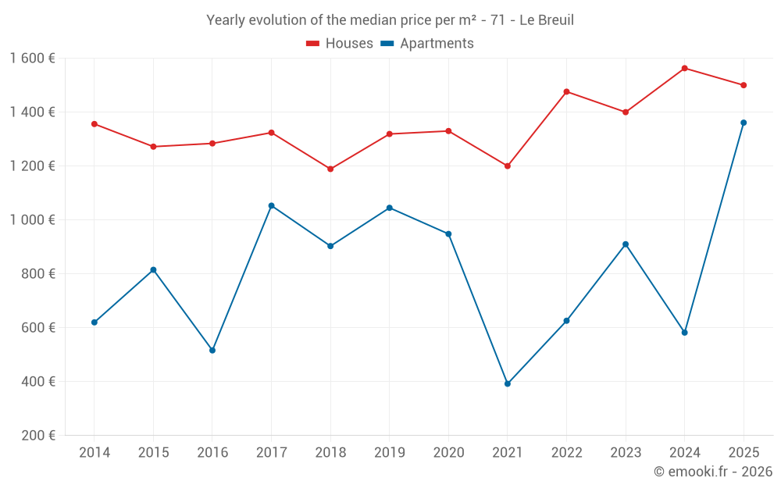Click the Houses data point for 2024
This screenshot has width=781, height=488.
(x=684, y=68)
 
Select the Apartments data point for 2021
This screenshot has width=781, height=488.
(x=508, y=384)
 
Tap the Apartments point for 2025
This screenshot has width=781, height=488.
(x=744, y=123)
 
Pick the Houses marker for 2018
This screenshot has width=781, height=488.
(x=330, y=169)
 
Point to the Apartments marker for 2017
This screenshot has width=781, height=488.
(x=272, y=205)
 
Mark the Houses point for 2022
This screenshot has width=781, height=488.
(x=566, y=91)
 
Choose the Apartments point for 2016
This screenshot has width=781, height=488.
(x=212, y=351)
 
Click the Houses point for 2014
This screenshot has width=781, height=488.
(x=95, y=124)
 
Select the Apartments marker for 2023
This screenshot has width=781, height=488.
(x=626, y=244)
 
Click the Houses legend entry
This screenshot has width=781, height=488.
(x=340, y=43)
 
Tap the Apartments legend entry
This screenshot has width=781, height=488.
(x=427, y=43)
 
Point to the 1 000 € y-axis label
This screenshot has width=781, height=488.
(x=32, y=219)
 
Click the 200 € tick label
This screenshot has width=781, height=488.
(x=38, y=436)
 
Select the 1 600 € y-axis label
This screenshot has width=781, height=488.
(x=32, y=59)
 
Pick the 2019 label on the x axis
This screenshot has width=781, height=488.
(x=390, y=453)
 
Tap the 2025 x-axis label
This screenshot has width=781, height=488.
(x=744, y=453)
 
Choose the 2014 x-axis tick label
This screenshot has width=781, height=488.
(x=95, y=453)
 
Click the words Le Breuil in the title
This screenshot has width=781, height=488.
(x=547, y=20)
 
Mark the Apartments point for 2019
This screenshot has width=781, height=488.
(x=390, y=208)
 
